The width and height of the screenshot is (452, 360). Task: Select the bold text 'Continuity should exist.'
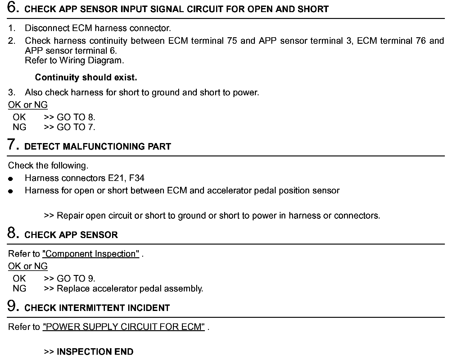(x=86, y=77)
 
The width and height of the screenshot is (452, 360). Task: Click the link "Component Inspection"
(x=91, y=254)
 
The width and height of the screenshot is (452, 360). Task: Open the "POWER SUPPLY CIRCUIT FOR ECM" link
(x=124, y=327)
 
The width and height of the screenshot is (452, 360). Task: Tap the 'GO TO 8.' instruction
(x=76, y=117)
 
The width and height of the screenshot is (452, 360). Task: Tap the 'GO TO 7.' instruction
(x=76, y=127)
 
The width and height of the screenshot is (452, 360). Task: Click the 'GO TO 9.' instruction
(x=76, y=279)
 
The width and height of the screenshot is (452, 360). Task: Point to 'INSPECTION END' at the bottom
(x=95, y=352)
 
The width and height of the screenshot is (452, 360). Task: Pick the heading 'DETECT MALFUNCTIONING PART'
(x=97, y=146)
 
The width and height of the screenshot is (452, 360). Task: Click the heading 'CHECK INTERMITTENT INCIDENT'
(x=97, y=308)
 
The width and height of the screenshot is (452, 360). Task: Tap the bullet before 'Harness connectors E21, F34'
(x=11, y=179)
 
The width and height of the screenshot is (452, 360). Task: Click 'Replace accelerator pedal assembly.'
(x=130, y=289)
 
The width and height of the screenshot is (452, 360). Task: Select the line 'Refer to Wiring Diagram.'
(x=74, y=60)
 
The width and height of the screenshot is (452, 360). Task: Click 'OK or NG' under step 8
(x=28, y=266)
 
